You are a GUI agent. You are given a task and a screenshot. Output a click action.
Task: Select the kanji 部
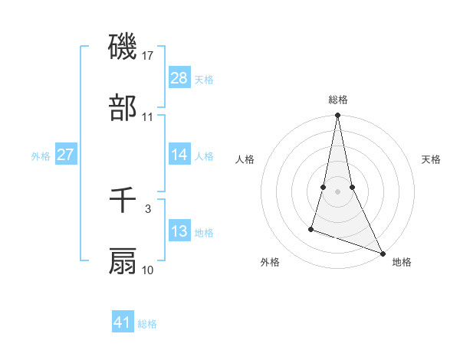click(x=123, y=108)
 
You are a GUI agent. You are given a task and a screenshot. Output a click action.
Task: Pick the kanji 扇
click(x=123, y=261)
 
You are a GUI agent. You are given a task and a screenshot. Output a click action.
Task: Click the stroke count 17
click(x=148, y=55)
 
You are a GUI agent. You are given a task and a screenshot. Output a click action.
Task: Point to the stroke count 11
click(x=148, y=116)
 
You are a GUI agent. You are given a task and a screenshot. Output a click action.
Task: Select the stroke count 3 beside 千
click(x=148, y=208)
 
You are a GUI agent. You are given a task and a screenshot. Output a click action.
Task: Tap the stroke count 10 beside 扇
click(x=148, y=270)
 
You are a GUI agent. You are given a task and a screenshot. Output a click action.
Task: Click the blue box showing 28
click(x=179, y=77)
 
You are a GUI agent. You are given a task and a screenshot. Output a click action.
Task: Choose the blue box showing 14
click(x=179, y=154)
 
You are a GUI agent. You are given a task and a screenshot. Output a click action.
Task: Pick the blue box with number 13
click(x=179, y=231)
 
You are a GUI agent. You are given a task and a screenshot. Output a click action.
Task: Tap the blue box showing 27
click(x=66, y=154)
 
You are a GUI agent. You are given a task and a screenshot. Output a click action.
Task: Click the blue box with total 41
click(x=123, y=322)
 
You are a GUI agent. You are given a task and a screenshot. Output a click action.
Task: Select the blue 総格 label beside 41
click(x=147, y=324)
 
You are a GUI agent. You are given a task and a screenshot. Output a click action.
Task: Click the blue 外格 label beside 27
click(x=41, y=156)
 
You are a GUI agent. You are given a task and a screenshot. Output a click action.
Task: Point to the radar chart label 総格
click(x=338, y=100)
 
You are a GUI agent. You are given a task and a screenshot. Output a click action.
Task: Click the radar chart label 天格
click(x=432, y=159)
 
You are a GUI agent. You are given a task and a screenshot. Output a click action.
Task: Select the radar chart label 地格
click(x=402, y=263)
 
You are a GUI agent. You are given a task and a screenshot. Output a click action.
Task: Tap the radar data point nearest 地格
click(x=382, y=254)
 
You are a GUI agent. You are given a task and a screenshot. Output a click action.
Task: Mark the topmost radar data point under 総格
click(x=337, y=116)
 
